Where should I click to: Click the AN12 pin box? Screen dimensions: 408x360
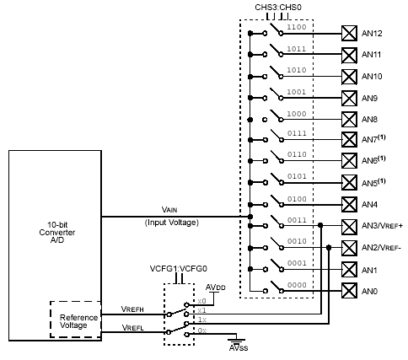[349, 34]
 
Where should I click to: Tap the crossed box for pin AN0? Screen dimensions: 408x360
[349, 291]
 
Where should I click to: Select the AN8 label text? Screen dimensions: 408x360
[369, 120]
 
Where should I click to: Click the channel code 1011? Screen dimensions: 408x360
[297, 49]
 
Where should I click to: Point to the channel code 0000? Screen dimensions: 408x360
[297, 285]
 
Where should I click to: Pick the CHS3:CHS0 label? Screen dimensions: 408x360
[278, 8]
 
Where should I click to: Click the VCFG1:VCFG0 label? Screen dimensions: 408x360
[179, 269]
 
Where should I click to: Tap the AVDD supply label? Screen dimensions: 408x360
[216, 287]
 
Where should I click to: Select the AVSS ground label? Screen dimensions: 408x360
[239, 347]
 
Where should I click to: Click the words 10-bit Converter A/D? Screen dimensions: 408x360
[57, 232]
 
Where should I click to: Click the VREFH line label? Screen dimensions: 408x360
[132, 309]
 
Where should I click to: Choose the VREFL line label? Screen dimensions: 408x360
[132, 327]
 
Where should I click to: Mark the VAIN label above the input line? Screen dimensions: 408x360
[169, 210]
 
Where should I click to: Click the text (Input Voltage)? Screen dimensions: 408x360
[172, 223]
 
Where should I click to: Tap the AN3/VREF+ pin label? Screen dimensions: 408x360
[382, 226]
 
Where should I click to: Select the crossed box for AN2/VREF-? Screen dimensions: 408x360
[349, 248]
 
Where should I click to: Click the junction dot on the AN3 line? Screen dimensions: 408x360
[320, 225]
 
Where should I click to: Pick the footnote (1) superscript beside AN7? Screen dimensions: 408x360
[382, 137]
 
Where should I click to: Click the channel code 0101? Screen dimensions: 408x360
[297, 176]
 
